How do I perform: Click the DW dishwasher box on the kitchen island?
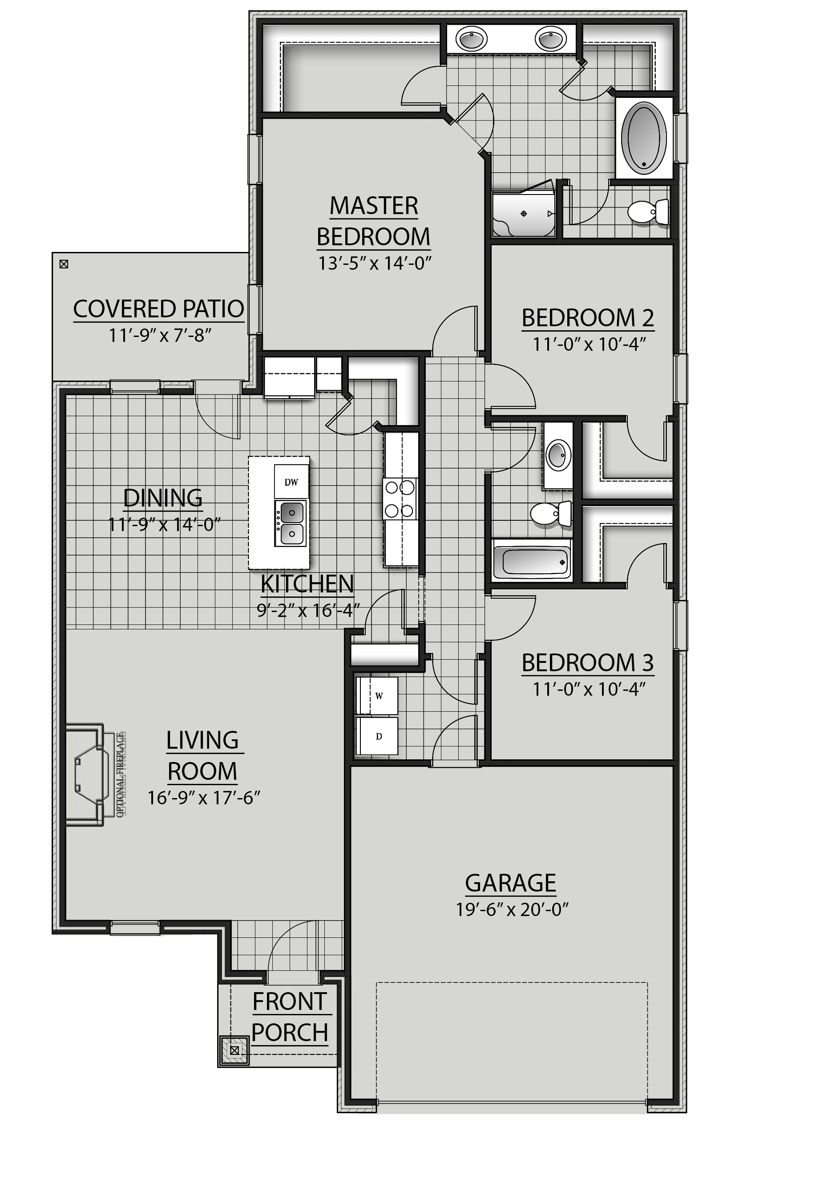coord(291,482)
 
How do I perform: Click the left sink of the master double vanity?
coord(471,39)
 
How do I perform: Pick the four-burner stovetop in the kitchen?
coord(400,499)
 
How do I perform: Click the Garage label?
coord(510,883)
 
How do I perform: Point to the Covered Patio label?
coord(158,309)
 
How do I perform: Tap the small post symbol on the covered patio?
coord(64,264)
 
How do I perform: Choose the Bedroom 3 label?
coord(587,663)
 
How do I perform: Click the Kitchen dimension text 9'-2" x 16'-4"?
coord(308,610)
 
